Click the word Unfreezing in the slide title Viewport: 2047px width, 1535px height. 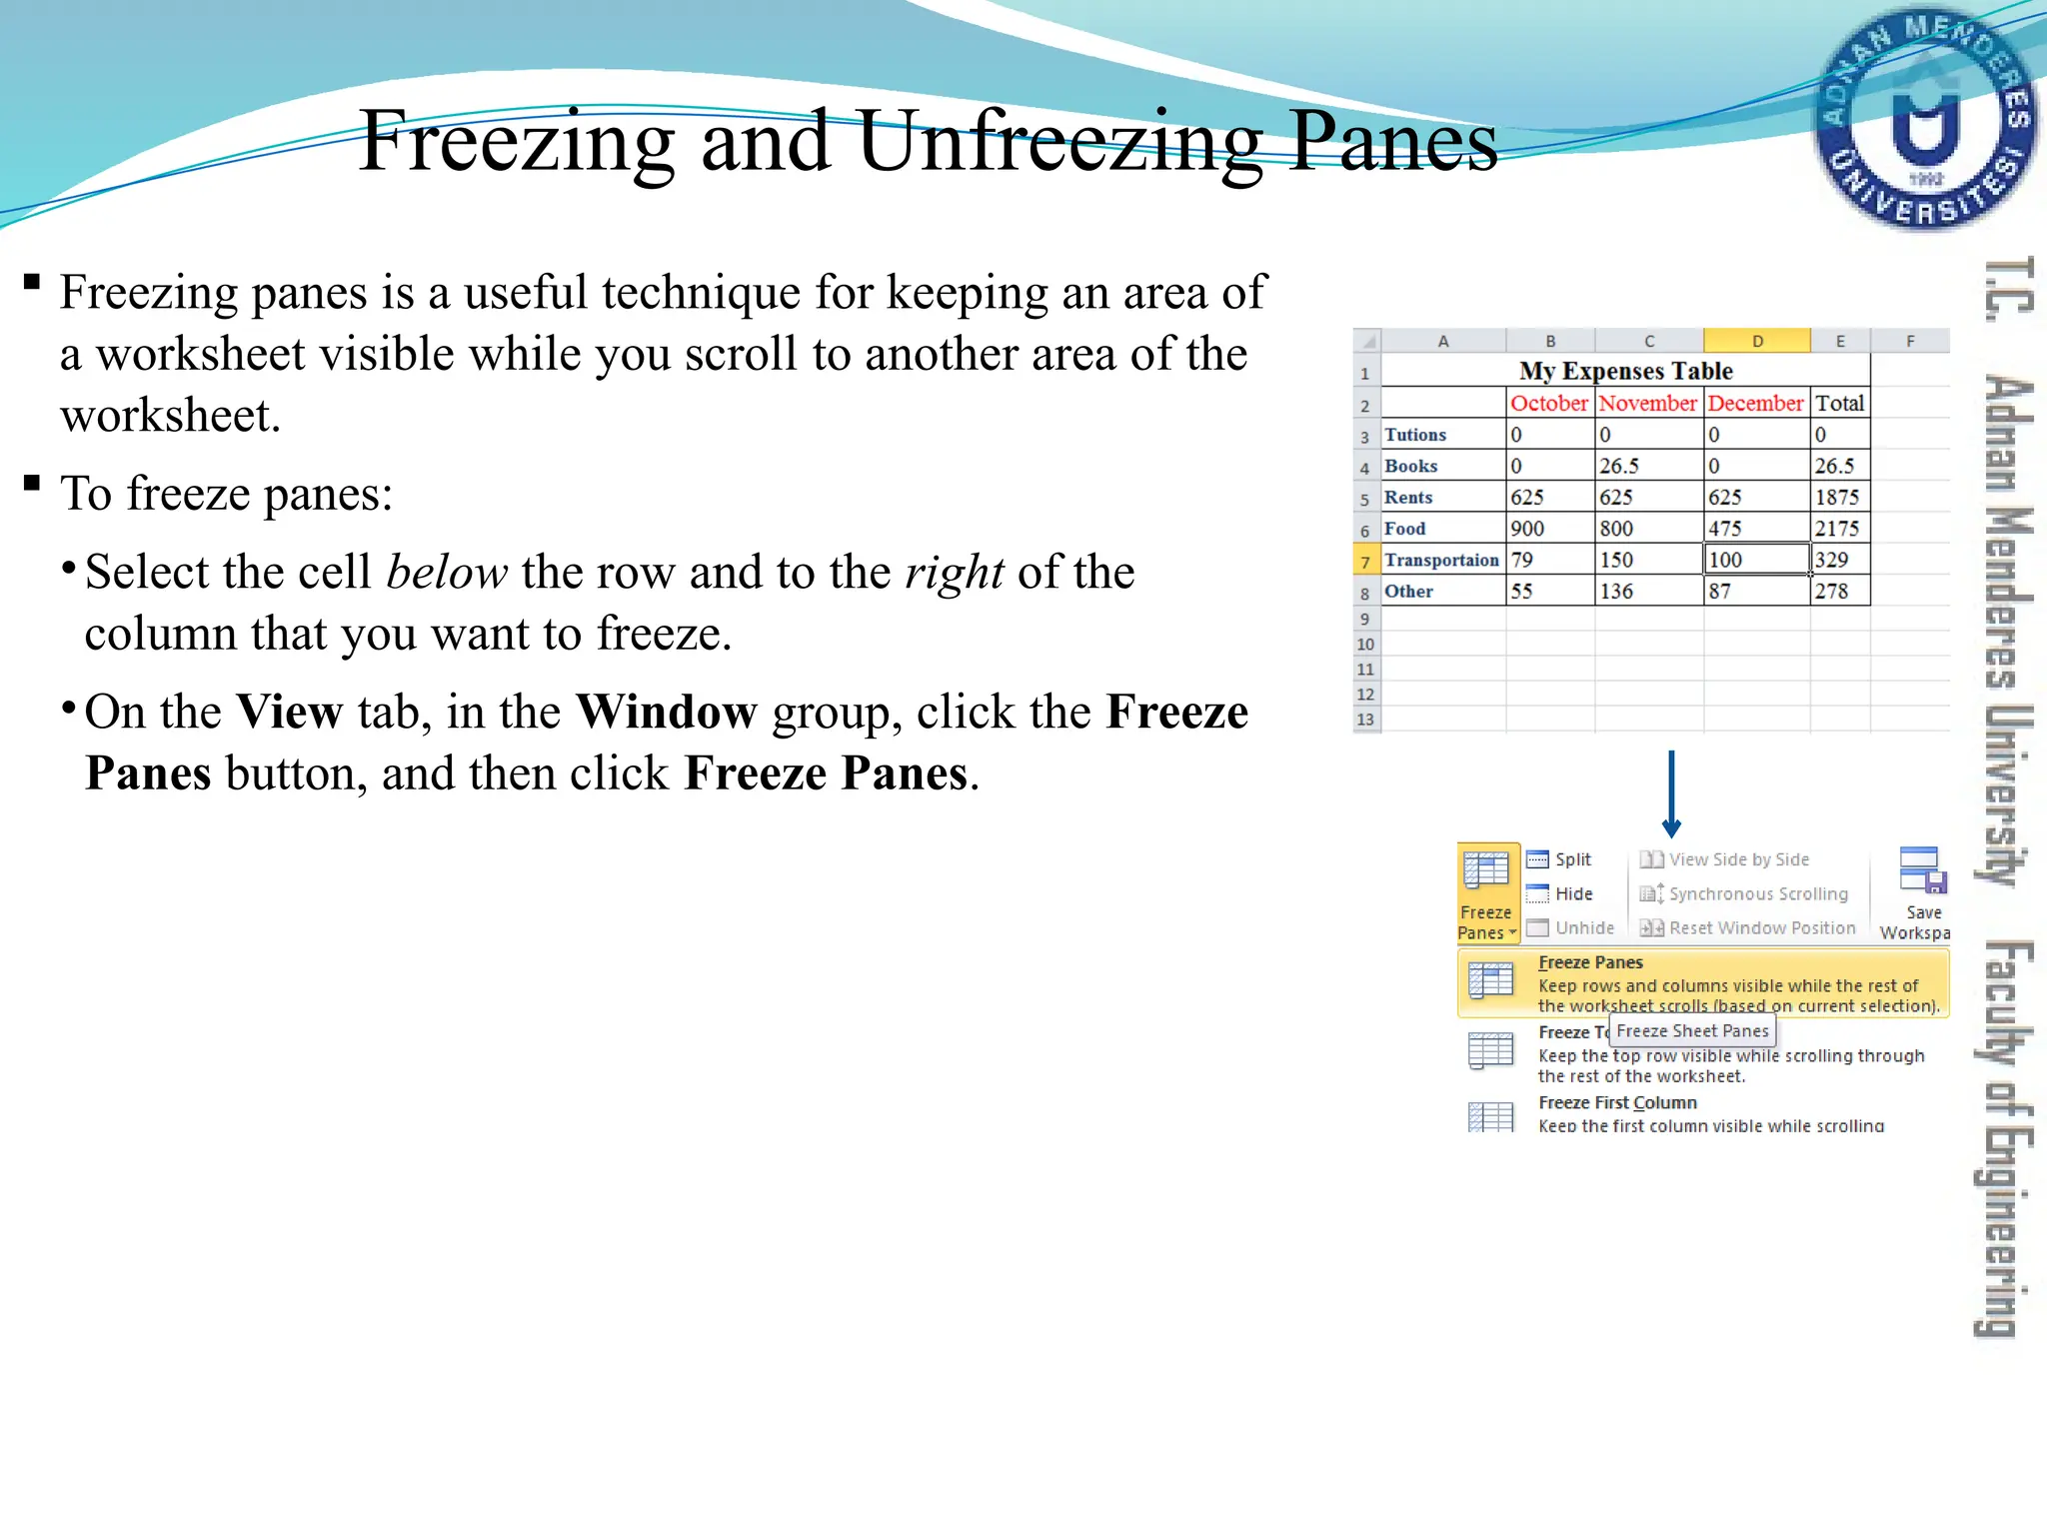(1060, 142)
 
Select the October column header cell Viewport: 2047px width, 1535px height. (1548, 403)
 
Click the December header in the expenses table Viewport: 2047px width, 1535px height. (1755, 403)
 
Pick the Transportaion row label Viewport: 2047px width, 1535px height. (1441, 560)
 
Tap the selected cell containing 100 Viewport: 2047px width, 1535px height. (1755, 560)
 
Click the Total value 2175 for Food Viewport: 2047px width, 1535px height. (1837, 529)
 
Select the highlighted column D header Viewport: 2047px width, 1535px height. (1756, 341)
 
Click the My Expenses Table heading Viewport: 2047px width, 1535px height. (1625, 371)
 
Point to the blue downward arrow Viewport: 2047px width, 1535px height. (1671, 794)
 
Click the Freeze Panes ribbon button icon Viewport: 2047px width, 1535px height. (1486, 872)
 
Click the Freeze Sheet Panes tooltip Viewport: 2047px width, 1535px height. (1692, 1031)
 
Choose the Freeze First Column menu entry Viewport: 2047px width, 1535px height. (1617, 1103)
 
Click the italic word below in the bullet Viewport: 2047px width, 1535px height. (447, 573)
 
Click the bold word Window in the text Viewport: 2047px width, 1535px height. (666, 713)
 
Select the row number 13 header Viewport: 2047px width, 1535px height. (1365, 720)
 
